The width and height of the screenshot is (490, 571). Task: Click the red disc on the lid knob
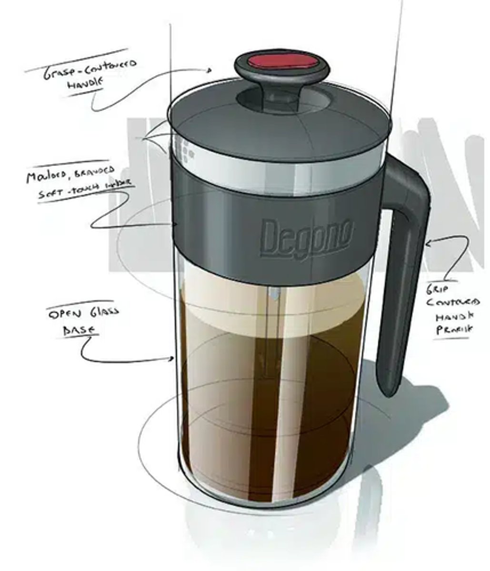pyautogui.click(x=282, y=62)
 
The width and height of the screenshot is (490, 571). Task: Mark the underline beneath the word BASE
pyautogui.click(x=81, y=336)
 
